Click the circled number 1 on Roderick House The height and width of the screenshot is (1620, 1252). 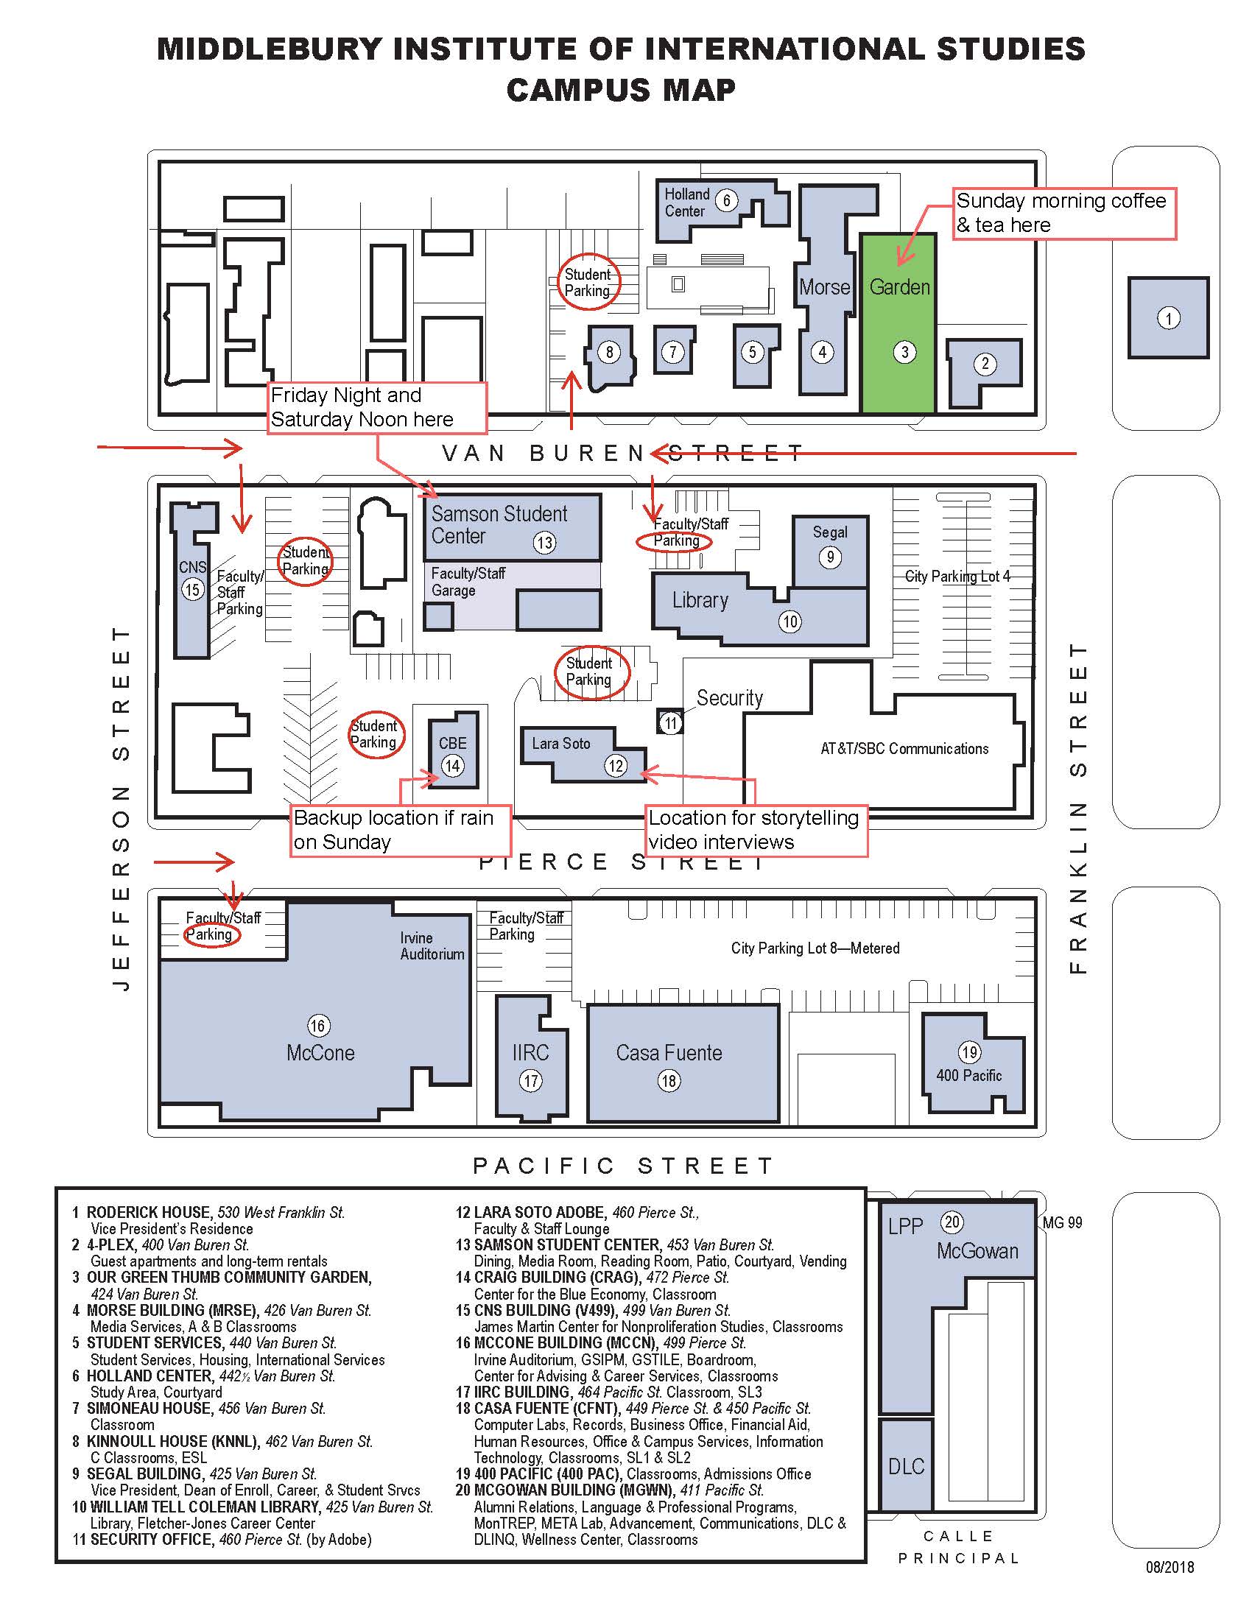(1168, 319)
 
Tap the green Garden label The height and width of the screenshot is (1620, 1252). (899, 287)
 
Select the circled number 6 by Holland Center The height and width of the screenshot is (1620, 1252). (726, 200)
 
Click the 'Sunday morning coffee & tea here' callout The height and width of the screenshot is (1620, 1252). (1063, 213)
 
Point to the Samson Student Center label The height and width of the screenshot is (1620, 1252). (499, 524)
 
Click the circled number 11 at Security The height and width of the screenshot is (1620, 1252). (670, 723)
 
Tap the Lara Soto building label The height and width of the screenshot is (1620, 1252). (560, 743)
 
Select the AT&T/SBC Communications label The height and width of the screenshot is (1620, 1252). (904, 748)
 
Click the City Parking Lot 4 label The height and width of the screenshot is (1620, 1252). (957, 577)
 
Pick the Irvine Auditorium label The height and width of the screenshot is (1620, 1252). (432, 945)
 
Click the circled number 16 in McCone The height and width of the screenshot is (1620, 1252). (317, 1026)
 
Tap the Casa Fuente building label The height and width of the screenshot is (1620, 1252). (668, 1052)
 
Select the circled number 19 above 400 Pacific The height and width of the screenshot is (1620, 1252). (969, 1052)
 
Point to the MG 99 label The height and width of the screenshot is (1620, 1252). (1062, 1222)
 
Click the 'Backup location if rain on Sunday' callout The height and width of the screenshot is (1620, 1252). (399, 830)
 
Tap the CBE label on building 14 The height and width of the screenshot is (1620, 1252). (452, 742)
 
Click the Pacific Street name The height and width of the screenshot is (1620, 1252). (623, 1166)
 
